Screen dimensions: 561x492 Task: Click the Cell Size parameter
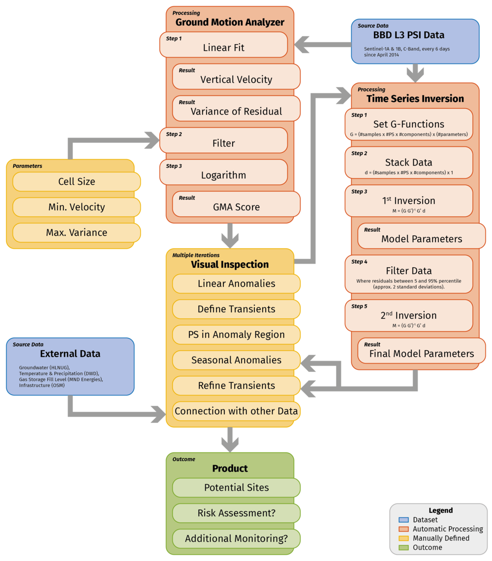(77, 181)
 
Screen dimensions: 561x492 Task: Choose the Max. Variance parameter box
(77, 232)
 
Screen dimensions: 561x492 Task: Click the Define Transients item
(236, 309)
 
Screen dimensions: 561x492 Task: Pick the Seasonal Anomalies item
(236, 360)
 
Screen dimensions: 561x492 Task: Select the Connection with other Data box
(236, 411)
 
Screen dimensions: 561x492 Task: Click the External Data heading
(70, 354)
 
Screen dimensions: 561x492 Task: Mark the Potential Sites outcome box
(236, 488)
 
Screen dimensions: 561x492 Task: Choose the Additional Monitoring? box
(236, 539)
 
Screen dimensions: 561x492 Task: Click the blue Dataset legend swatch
(403, 520)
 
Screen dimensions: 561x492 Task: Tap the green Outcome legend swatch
(403, 547)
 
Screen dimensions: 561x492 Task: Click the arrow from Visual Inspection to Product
(230, 439)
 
